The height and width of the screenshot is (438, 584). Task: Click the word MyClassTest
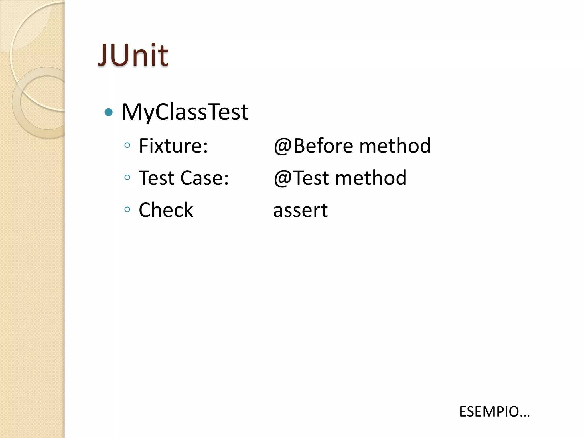point(185,112)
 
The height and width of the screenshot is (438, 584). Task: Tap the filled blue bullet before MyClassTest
point(109,112)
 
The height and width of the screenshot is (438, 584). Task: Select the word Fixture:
point(173,146)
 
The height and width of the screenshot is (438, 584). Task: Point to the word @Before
point(313,146)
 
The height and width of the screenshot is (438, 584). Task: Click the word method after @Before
point(395,146)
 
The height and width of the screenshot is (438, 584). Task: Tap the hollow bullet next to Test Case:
point(127,178)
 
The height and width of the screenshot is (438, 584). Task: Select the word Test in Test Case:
point(156,178)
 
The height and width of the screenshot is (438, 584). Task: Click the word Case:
point(204,178)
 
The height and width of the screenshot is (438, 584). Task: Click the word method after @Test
point(371,178)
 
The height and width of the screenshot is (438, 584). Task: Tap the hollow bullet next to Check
point(127,210)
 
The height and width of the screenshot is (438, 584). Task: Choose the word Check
point(166,210)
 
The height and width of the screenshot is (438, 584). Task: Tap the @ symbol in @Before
point(283,147)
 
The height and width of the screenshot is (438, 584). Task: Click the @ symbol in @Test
point(283,179)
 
